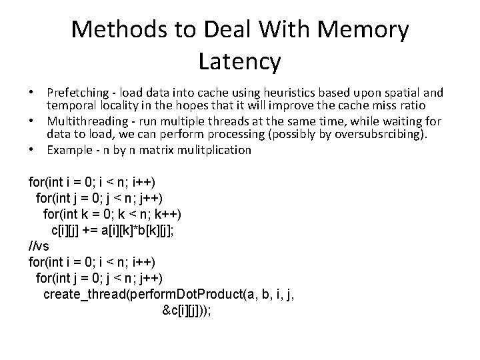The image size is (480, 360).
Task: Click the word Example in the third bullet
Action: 69,150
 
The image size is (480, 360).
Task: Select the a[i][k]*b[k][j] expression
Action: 141,230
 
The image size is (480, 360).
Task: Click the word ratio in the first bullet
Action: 429,106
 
